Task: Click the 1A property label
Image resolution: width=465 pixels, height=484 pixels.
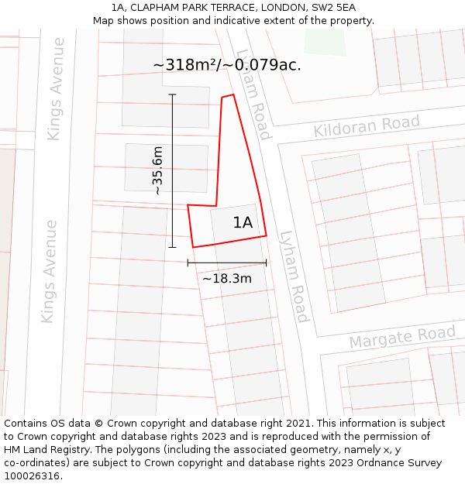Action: (243, 223)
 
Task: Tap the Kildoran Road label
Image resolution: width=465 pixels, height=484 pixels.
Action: (367, 125)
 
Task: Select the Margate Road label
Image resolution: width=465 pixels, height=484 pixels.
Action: (401, 337)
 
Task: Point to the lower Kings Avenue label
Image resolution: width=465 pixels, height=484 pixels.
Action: (50, 271)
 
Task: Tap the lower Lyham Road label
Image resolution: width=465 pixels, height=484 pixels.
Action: (294, 276)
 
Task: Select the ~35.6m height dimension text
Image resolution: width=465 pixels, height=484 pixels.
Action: (157, 170)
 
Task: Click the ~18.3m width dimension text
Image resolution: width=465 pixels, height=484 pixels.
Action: (227, 278)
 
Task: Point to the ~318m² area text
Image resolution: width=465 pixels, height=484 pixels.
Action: (185, 65)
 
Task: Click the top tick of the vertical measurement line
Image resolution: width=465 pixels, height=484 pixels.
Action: (172, 94)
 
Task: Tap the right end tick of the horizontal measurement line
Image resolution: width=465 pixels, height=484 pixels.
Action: (266, 263)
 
